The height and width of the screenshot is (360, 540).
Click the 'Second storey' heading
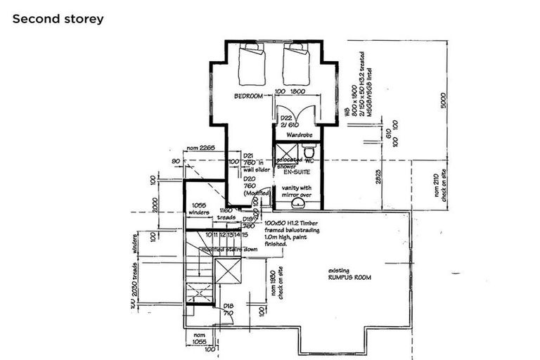click(x=58, y=19)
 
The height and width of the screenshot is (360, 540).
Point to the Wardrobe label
click(x=297, y=134)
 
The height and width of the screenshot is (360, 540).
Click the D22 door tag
click(x=286, y=117)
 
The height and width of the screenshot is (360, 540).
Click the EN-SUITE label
click(x=297, y=171)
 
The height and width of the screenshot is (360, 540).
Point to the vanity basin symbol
click(x=297, y=202)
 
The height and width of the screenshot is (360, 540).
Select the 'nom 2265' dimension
click(x=200, y=148)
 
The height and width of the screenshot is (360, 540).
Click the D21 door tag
click(x=247, y=156)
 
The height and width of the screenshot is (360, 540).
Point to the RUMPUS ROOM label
click(x=349, y=278)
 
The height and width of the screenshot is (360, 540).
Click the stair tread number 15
click(x=245, y=234)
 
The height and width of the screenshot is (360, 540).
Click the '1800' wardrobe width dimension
click(x=297, y=91)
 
